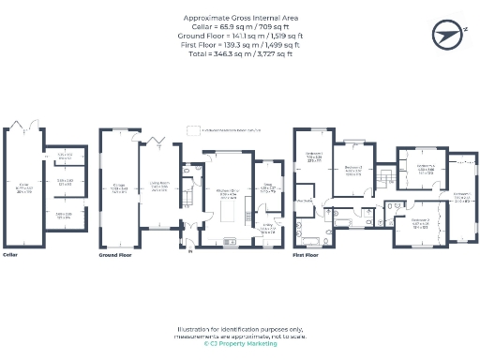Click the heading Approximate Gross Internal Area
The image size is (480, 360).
(x=240, y=18)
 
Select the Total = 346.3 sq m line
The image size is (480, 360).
(x=240, y=52)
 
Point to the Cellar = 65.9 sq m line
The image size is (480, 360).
(x=240, y=26)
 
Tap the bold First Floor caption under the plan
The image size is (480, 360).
(x=307, y=254)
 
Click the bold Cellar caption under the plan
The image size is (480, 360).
(x=11, y=254)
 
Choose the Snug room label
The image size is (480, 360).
(x=266, y=186)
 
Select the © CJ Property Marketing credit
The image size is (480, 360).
(x=240, y=343)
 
